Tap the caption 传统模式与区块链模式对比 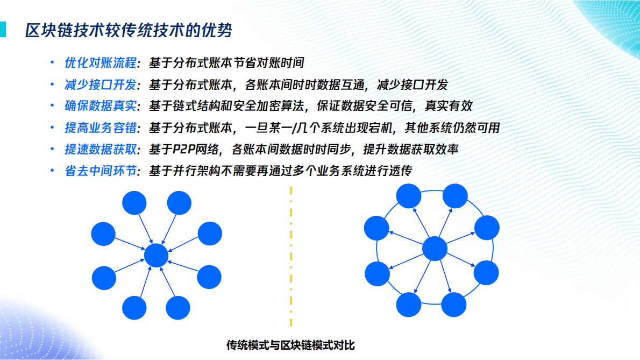[x=291, y=345]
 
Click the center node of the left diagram [x=157, y=255]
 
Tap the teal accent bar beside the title [x=3, y=30]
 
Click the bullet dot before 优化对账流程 [x=52, y=63]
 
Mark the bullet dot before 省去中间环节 [x=52, y=171]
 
